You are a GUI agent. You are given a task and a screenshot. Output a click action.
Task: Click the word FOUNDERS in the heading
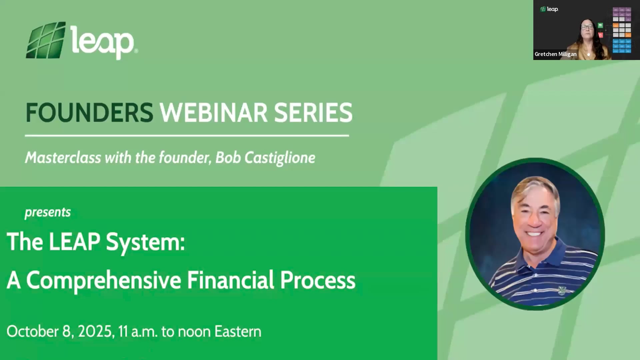(x=89, y=113)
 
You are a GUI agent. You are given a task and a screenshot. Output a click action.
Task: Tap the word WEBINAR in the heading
(x=213, y=113)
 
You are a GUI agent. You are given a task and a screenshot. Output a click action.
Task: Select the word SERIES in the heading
(x=313, y=113)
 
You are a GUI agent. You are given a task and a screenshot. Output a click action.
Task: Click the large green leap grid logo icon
(x=46, y=40)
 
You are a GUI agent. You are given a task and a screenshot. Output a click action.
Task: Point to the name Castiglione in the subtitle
(x=280, y=158)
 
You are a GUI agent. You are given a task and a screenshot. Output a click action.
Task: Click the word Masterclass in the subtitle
(x=63, y=158)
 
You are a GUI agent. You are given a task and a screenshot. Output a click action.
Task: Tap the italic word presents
(x=48, y=212)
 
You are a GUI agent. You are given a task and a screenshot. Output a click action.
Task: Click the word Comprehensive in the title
(x=104, y=280)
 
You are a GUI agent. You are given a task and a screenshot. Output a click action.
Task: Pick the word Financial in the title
(x=230, y=280)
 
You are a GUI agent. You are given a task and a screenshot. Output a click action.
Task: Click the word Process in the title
(x=317, y=280)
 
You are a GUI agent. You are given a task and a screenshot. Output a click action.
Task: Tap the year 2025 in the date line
(x=95, y=331)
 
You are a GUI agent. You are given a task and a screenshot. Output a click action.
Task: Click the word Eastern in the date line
(x=238, y=331)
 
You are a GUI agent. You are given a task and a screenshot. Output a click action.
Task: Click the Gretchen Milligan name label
(x=555, y=54)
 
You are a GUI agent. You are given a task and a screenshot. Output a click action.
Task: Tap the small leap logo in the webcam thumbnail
(x=549, y=9)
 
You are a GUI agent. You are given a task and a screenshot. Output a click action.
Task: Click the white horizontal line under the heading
(x=187, y=136)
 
